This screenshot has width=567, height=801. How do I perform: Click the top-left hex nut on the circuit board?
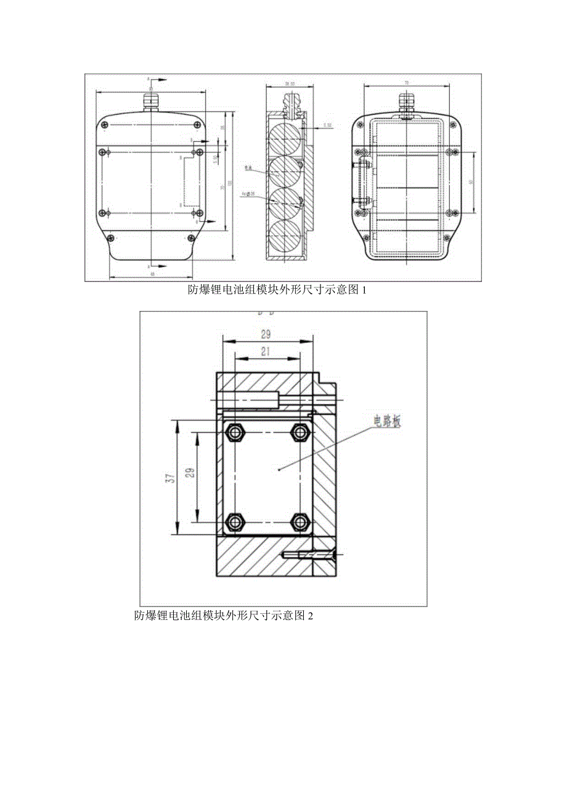tap(234, 433)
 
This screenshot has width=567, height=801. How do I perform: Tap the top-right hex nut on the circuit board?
tap(300, 433)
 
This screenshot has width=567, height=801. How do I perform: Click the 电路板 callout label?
tap(386, 422)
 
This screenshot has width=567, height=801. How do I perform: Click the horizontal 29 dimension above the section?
tap(266, 334)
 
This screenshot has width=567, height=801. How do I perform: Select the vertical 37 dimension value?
tap(172, 477)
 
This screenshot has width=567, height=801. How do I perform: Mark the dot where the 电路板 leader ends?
tap(280, 470)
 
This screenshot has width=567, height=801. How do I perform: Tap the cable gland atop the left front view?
tap(150, 100)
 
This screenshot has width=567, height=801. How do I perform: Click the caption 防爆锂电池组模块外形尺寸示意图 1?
tap(277, 290)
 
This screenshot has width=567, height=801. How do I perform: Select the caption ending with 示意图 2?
tap(224, 615)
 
